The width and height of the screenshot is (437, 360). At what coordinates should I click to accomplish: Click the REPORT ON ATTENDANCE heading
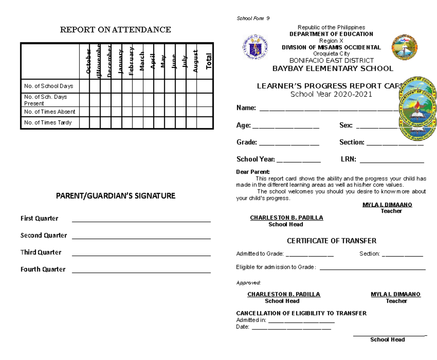(115, 30)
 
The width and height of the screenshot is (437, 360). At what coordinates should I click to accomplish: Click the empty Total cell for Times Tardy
(204, 122)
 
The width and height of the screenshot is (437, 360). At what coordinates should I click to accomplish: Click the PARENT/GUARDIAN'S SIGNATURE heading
(115, 196)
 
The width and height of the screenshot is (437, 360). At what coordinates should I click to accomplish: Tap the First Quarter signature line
(142, 221)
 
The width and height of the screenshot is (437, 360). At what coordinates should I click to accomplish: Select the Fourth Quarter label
(43, 270)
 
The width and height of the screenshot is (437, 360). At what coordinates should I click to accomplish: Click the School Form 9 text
(253, 19)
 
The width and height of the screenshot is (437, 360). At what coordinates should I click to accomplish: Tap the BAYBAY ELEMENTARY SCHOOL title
(333, 69)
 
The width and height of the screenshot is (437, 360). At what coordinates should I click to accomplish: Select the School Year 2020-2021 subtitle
(331, 94)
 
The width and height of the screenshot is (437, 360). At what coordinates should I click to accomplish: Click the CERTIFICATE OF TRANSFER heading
(331, 241)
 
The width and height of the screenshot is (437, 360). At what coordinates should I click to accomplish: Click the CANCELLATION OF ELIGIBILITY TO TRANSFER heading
(301, 313)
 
